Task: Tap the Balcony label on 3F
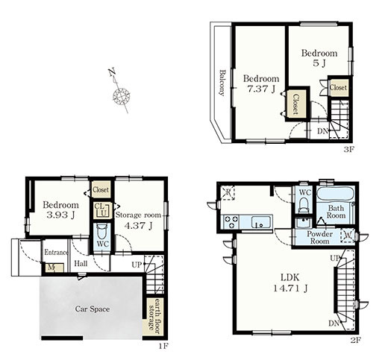[222, 83]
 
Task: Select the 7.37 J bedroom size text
[261, 89]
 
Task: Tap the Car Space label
[93, 309]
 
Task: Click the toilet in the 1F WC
[102, 231]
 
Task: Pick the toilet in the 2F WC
[304, 204]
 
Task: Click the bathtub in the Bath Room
[335, 195]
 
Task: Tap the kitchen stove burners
[231, 221]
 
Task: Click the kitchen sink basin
[261, 222]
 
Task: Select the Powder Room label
[319, 237]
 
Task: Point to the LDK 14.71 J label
[290, 282]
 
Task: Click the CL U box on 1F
[103, 210]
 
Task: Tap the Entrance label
[56, 252]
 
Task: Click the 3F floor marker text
[348, 149]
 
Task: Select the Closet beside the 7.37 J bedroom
[295, 104]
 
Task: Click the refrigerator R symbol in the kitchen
[228, 192]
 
